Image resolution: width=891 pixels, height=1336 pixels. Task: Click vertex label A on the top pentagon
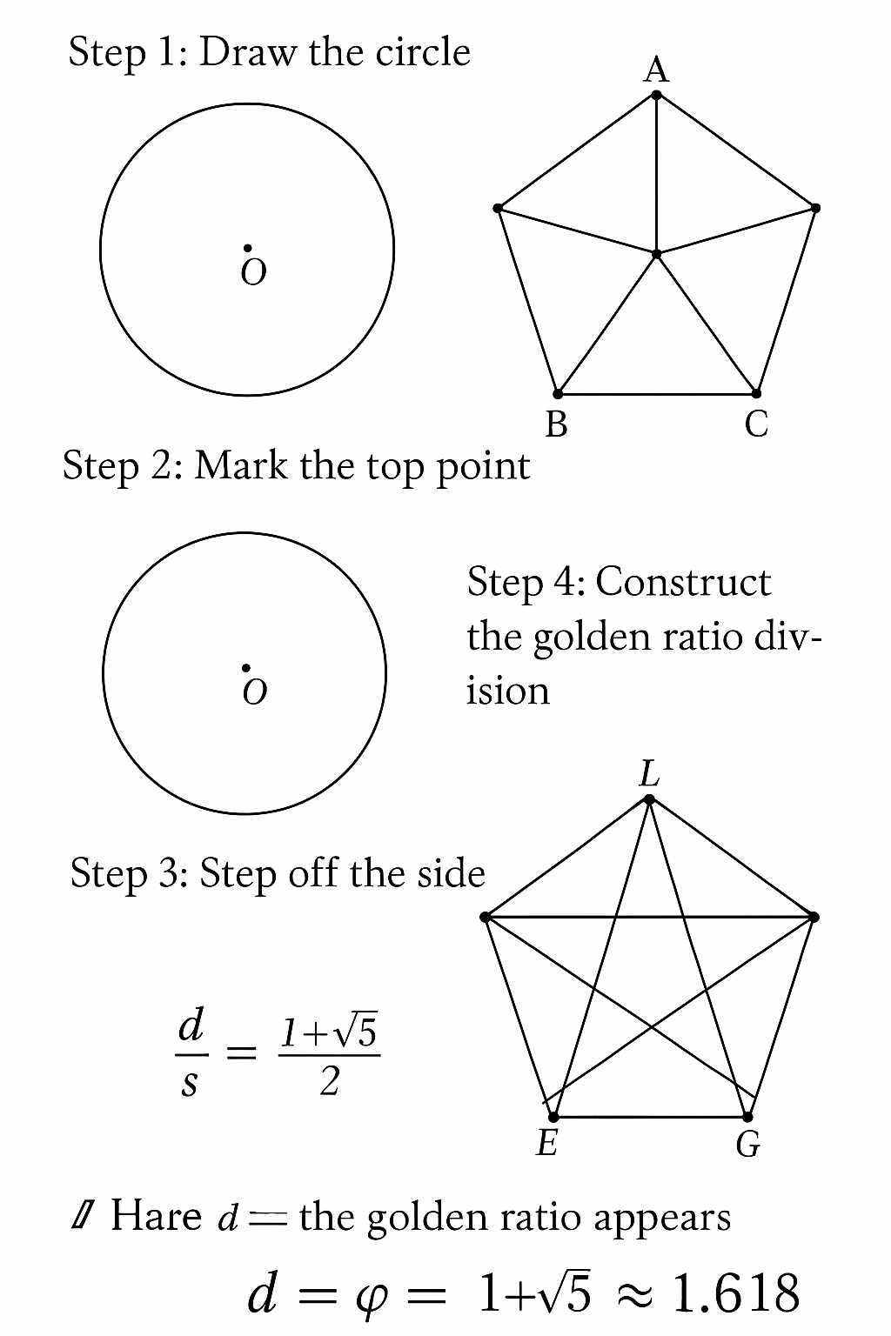pyautogui.click(x=656, y=70)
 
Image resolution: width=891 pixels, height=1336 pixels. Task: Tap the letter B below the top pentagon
pyautogui.click(x=556, y=424)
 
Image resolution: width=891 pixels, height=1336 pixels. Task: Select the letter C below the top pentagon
pyautogui.click(x=756, y=424)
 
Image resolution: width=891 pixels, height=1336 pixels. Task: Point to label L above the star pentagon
pyautogui.click(x=649, y=773)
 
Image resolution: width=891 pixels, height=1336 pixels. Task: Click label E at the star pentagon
pyautogui.click(x=546, y=1143)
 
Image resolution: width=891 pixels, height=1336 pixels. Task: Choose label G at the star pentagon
pyautogui.click(x=748, y=1145)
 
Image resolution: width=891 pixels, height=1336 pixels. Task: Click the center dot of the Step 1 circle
pyautogui.click(x=248, y=249)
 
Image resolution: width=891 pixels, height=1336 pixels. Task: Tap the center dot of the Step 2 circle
pyautogui.click(x=246, y=668)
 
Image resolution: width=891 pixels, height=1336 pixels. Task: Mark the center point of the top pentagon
pyautogui.click(x=657, y=254)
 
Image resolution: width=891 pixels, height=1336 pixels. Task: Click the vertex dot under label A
pyautogui.click(x=657, y=95)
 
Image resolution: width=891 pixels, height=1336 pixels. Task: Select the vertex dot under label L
pyautogui.click(x=649, y=799)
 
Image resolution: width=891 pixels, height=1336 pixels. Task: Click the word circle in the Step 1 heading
pyautogui.click(x=423, y=53)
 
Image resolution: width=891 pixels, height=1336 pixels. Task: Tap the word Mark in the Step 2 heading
pyautogui.click(x=242, y=465)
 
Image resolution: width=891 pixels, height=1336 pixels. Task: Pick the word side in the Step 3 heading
pyautogui.click(x=451, y=873)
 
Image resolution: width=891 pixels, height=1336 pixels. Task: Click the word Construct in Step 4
pyautogui.click(x=683, y=582)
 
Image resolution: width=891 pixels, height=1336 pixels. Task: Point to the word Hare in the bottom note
pyautogui.click(x=157, y=1215)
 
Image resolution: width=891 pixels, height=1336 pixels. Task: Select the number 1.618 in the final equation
pyautogui.click(x=736, y=1293)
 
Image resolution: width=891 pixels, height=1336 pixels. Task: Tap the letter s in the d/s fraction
pyautogui.click(x=190, y=1084)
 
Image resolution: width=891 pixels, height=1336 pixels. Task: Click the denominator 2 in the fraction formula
pyautogui.click(x=329, y=1082)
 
